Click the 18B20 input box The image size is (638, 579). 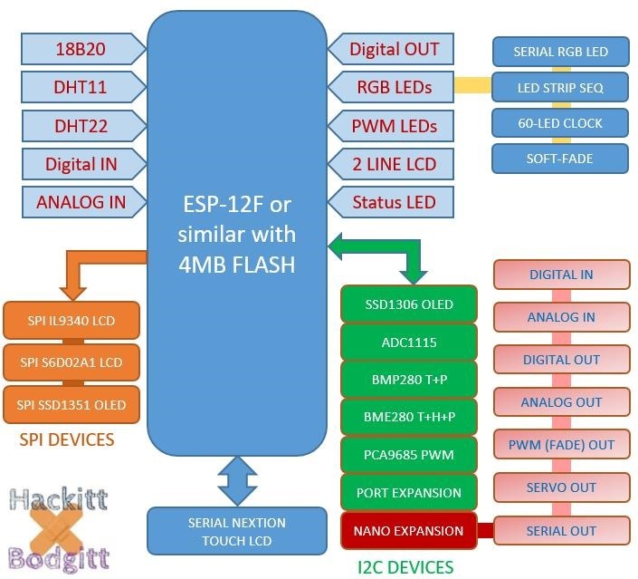tap(80, 49)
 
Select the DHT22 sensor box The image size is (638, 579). tap(80, 126)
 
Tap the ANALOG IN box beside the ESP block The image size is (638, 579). tap(80, 202)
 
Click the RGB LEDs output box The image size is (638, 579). tap(391, 88)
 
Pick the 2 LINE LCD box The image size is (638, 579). tap(391, 164)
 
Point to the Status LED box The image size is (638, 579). tap(391, 202)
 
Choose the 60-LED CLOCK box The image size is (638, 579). tap(559, 123)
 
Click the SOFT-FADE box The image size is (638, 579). tap(559, 159)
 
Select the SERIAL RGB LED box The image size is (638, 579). tap(559, 52)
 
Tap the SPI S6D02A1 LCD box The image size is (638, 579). tap(71, 362)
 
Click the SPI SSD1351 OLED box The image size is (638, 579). tap(71, 404)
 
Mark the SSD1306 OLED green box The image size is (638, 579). tap(409, 304)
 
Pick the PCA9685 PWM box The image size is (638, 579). tap(409, 453)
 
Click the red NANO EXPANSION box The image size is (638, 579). tap(409, 530)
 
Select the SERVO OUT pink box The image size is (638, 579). tap(561, 487)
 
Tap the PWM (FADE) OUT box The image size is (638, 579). tap(561, 445)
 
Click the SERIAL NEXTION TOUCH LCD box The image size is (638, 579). tap(236, 532)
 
